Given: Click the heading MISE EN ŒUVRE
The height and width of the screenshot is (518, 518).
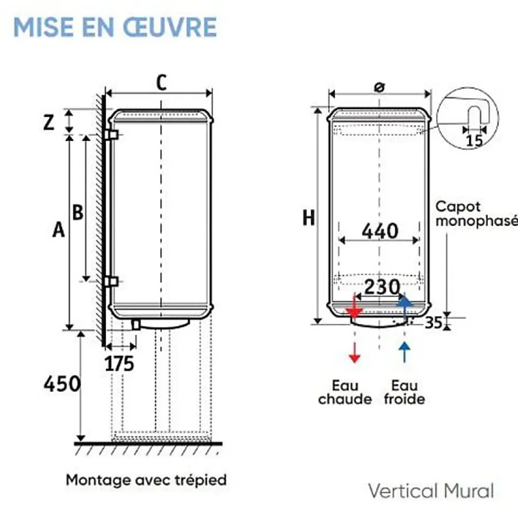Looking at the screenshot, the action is tap(115, 27).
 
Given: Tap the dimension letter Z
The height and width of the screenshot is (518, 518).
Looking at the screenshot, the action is tap(49, 122).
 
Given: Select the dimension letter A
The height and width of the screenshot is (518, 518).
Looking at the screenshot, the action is tap(58, 230).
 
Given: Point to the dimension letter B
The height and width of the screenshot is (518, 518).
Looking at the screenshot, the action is tap(78, 212).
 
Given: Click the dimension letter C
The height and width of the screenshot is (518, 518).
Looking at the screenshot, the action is tap(161, 83).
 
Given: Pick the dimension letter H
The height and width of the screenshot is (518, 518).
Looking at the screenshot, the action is tap(309, 218).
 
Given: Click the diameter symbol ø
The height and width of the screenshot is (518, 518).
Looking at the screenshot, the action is tap(380, 87).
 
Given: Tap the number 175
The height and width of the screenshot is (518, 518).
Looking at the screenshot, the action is tap(119, 364).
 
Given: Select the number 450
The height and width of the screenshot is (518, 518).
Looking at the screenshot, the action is tap(62, 384).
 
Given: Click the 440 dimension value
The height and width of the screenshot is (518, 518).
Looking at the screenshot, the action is tap(380, 231).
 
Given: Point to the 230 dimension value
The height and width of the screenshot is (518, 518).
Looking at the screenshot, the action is tap(382, 287).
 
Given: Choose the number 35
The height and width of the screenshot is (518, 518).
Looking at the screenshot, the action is tap(434, 323).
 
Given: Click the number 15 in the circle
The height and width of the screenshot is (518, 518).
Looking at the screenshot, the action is tap(474, 141).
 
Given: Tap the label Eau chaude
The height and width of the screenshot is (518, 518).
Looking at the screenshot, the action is tap(345, 392).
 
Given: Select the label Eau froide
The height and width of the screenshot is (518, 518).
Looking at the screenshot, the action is tap(404, 392).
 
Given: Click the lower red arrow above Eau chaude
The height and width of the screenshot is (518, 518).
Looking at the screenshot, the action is tap(354, 352).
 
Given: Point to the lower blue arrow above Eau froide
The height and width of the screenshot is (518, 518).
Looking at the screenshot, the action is tap(404, 352).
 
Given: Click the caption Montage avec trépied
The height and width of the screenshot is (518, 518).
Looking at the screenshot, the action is tap(147, 480).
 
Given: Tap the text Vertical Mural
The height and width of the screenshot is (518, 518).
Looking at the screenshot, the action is tap(431, 490).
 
